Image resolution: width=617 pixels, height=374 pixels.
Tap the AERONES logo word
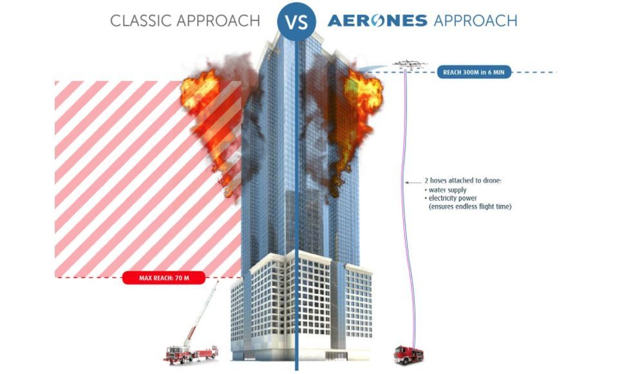point(377,21)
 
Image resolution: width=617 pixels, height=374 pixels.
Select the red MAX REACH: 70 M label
point(164,278)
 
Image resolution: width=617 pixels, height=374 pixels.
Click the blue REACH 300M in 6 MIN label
point(474,72)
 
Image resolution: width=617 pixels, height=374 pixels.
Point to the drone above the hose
point(410,64)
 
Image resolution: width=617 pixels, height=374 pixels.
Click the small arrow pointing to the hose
point(413,182)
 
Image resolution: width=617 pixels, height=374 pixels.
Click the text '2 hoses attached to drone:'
point(462,181)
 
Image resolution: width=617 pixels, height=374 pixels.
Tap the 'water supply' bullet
point(446,190)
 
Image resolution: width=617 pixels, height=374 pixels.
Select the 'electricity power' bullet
point(451,198)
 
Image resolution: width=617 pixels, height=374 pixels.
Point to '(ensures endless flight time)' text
point(470,206)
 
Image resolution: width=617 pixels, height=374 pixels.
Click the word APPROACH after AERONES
point(476,21)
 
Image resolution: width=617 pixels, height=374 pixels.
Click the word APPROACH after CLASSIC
point(218,21)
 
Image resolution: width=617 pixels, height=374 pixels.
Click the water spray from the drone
point(374,68)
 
